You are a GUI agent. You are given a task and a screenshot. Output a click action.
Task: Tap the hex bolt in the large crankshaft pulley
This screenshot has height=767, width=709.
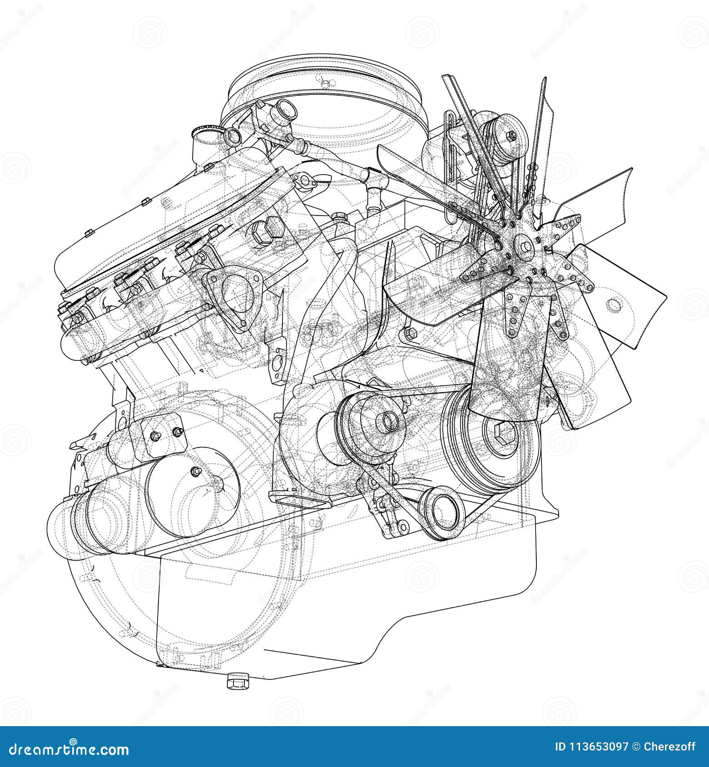[505, 434]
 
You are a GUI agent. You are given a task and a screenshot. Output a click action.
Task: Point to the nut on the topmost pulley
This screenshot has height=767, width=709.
[510, 134]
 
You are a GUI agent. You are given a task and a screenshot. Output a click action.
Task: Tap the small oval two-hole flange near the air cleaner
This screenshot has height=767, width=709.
[307, 180]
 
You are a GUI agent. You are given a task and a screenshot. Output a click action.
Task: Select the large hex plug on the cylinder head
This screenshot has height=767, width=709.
[269, 229]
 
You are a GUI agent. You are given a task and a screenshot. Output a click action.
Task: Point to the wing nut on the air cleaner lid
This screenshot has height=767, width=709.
[323, 83]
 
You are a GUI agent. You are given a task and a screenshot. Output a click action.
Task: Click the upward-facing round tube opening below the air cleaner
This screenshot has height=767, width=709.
[286, 108]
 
